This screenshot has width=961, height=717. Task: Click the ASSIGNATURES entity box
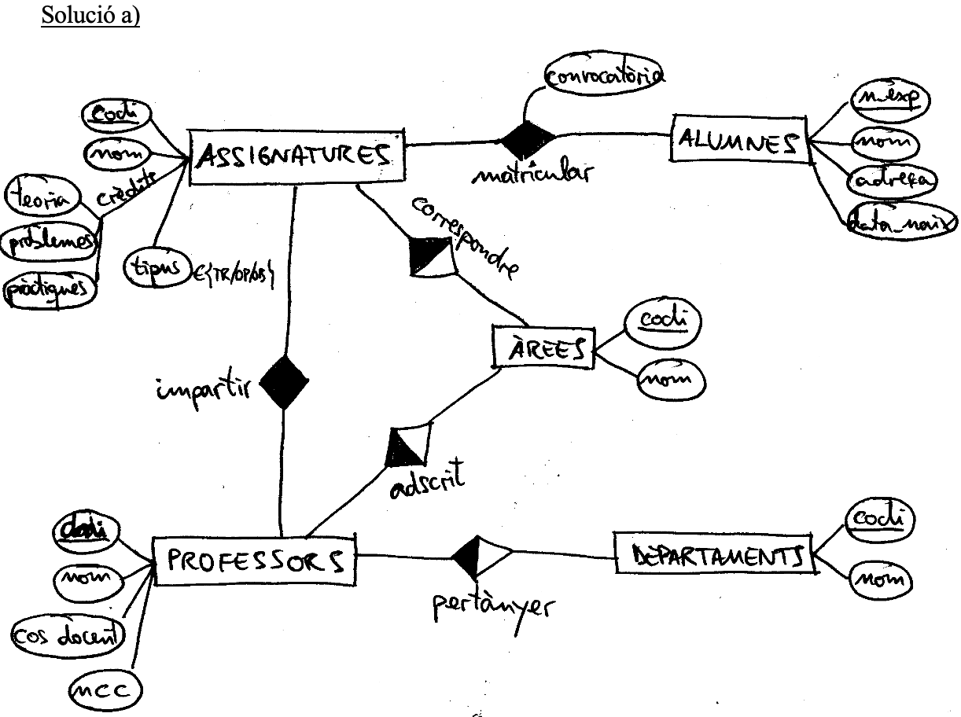pyautogui.click(x=296, y=156)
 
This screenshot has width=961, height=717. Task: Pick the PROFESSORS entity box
pyautogui.click(x=253, y=560)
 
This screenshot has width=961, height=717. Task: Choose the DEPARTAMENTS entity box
pyautogui.click(x=712, y=557)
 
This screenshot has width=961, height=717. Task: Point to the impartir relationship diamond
pyautogui.click(x=284, y=381)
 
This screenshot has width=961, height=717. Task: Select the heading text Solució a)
pyautogui.click(x=89, y=15)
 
